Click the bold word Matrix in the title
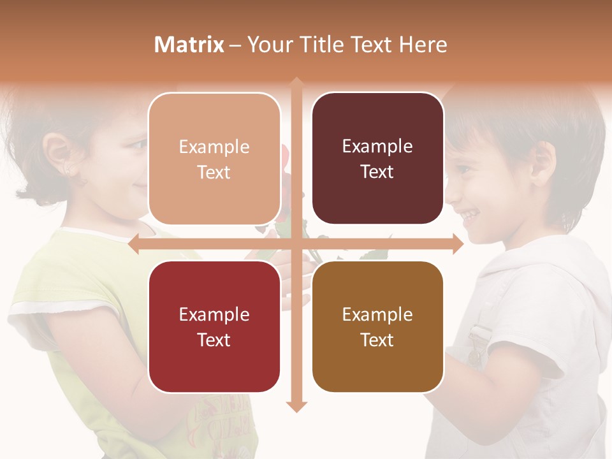point(189,45)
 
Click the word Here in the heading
point(423,45)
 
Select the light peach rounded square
point(214,159)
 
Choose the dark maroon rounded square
point(377,159)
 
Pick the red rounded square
point(214,326)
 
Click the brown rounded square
point(377,326)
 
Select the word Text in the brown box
point(377,340)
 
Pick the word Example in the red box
point(214,314)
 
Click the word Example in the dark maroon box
point(377,147)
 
